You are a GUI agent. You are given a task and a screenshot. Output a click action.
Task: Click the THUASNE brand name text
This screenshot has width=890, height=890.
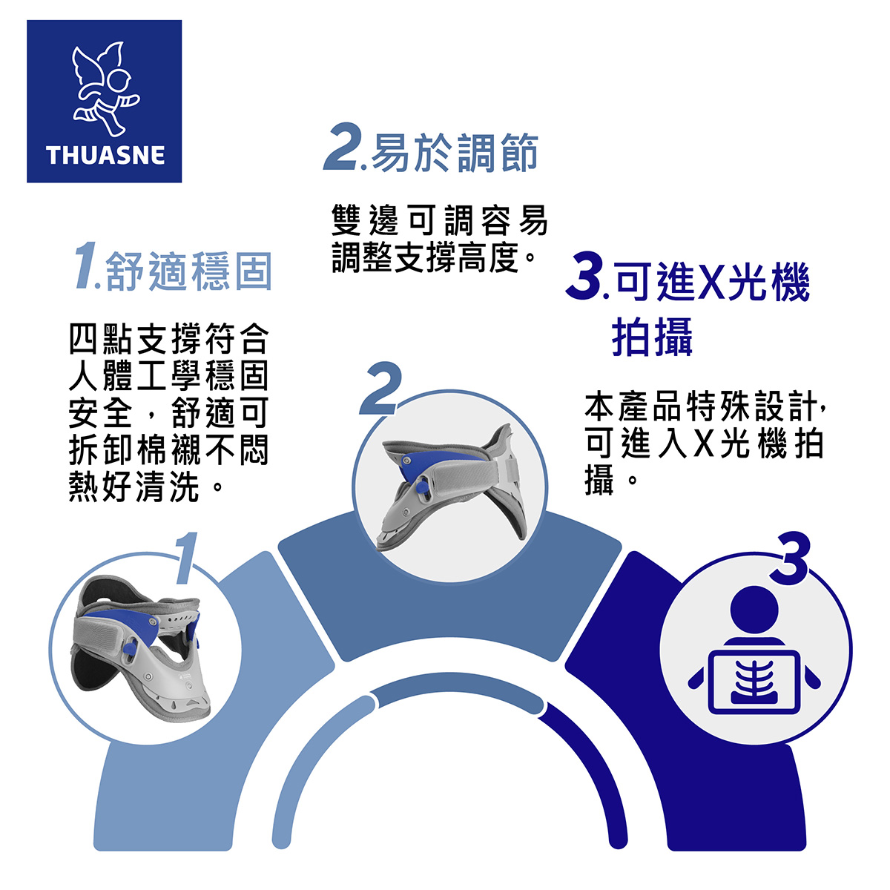pos(105,155)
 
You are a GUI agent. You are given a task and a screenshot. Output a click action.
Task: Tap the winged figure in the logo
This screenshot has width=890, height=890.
pos(105,89)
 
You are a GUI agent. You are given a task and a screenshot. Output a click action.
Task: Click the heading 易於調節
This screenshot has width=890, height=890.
pos(455,153)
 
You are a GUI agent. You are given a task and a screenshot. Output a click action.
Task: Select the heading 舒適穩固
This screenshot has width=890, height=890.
pos(189,271)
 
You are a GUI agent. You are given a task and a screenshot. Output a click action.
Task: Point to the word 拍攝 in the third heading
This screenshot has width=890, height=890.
pos(652,336)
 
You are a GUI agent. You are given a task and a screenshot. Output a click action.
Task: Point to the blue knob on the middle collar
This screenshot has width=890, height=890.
pos(421,487)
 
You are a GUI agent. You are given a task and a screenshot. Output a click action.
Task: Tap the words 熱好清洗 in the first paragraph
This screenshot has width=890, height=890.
pos(134,488)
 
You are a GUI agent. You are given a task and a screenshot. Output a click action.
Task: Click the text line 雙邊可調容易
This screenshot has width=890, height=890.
pos(440,220)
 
